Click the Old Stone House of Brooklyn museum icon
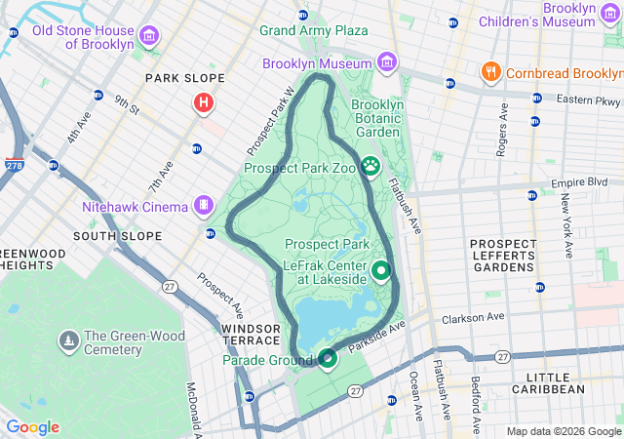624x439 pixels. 149,37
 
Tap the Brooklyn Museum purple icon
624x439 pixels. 387,63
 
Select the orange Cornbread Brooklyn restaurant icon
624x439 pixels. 491,72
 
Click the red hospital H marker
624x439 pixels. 203,101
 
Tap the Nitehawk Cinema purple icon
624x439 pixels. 203,205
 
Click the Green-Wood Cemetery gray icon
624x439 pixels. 69,340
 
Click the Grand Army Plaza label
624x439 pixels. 313,31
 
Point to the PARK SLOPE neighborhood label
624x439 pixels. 184,78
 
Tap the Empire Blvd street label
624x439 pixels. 579,182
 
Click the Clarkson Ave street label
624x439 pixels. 473,317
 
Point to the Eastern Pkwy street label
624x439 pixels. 589,100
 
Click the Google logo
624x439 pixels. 32,427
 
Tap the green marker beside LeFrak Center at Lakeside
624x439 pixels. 380,270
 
